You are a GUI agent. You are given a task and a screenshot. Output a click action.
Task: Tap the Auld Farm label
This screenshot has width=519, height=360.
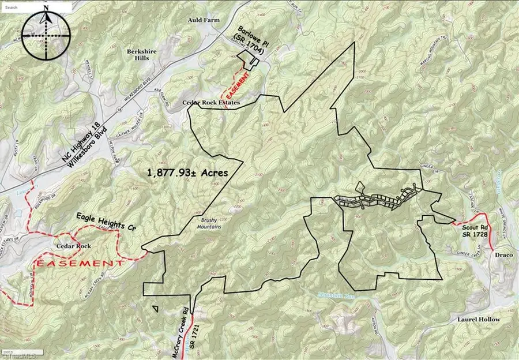[x=204, y=20]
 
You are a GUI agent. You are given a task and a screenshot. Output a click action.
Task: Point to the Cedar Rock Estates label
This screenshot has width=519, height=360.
[x=210, y=103]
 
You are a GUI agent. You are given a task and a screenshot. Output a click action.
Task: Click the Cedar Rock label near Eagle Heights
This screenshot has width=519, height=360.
[x=72, y=245]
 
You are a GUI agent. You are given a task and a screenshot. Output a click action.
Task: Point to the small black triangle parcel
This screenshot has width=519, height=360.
[x=156, y=308]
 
